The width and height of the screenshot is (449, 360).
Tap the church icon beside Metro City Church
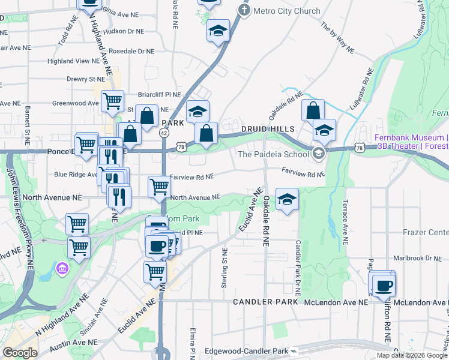[244, 10]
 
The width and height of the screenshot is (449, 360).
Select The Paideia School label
[273, 154]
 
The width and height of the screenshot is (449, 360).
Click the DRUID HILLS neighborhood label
[268, 129]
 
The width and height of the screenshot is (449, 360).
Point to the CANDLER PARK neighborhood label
[266, 302]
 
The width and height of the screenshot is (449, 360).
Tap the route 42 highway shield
[163, 134]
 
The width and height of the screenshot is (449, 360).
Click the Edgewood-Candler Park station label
[246, 350]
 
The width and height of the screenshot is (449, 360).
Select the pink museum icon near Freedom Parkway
[60, 267]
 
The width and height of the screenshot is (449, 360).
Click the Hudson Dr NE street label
[124, 31]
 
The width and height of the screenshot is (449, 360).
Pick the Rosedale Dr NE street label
[132, 51]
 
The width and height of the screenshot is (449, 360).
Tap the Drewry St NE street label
[86, 79]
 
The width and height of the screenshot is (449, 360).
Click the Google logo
[20, 353]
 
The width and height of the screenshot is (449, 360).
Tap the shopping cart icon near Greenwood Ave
[112, 101]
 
